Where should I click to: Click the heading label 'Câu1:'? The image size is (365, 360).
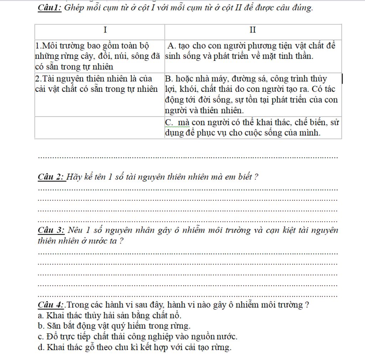point(50,8)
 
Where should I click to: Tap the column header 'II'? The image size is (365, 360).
point(252,30)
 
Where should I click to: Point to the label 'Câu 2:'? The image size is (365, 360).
point(51,177)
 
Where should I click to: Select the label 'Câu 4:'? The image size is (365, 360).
point(51,305)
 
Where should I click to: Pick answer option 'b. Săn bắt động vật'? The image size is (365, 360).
point(114,325)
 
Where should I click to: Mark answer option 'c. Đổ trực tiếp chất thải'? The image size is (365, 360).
point(137,336)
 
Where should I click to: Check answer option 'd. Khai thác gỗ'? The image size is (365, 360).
point(134,347)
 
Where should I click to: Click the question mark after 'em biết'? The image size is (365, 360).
point(257,177)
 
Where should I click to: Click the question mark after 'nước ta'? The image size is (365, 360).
point(122,241)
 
